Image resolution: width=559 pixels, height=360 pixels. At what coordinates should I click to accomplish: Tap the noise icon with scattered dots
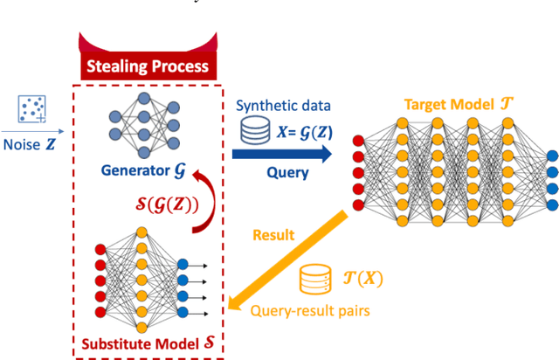point(31,110)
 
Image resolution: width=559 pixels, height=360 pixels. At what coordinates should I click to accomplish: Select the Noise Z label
point(31,144)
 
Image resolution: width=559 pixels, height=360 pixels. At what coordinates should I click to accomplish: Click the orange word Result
point(273,234)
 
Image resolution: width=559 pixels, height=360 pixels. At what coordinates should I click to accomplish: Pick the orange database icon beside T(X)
point(312,280)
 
